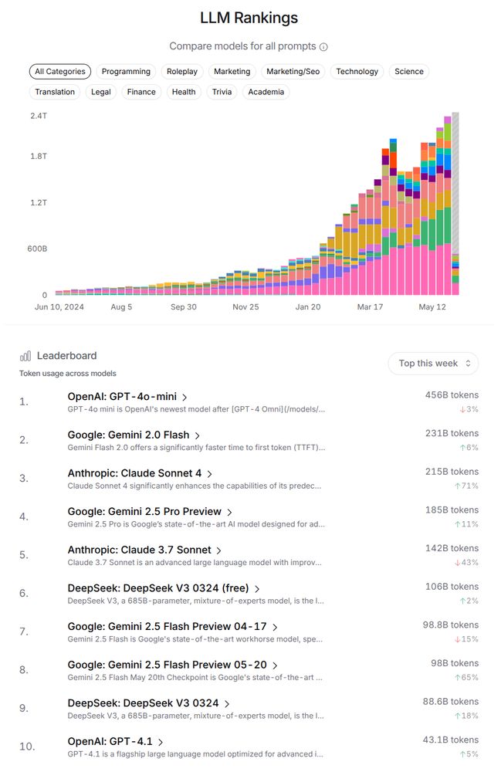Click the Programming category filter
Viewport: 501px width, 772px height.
pyautogui.click(x=126, y=72)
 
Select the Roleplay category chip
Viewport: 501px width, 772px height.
pyautogui.click(x=182, y=72)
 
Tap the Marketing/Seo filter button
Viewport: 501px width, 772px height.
pyautogui.click(x=293, y=72)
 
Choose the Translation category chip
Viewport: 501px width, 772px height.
pyautogui.click(x=55, y=92)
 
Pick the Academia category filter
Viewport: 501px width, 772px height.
pyautogui.click(x=266, y=92)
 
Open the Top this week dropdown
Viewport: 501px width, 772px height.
pyautogui.click(x=433, y=364)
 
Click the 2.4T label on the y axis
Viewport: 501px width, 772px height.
pyautogui.click(x=39, y=116)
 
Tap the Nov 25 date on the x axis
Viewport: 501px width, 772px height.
pyautogui.click(x=246, y=306)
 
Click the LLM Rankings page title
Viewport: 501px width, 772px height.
pyautogui.click(x=249, y=18)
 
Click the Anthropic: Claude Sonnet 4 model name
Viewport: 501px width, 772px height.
pyautogui.click(x=134, y=473)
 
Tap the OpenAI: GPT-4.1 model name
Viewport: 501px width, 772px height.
pyautogui.click(x=110, y=742)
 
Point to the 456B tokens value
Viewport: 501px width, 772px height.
pyautogui.click(x=452, y=395)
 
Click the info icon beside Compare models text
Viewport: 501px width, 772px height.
pyautogui.click(x=323, y=47)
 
